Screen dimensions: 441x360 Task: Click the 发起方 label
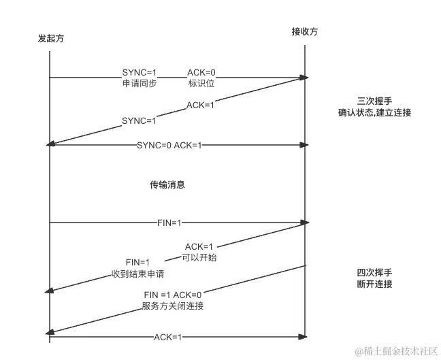point(52,39)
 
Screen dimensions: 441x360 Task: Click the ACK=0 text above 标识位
point(202,72)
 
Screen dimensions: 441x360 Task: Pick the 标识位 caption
point(201,84)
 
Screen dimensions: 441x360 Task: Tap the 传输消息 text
point(167,184)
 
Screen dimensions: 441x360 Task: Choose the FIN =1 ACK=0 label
point(173,295)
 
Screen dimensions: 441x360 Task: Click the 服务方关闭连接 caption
point(173,306)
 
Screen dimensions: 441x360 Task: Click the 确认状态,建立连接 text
point(374,112)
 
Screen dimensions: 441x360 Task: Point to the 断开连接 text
point(374,284)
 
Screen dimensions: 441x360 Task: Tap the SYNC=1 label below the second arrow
point(139,120)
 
